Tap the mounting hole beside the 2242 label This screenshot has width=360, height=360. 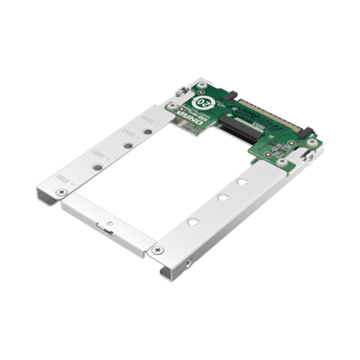pyautogui.click(x=128, y=146)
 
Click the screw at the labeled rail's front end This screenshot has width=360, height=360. pyautogui.click(x=60, y=192)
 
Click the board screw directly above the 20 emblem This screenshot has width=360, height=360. pyautogui.click(x=203, y=85)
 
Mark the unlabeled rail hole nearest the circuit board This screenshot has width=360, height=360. pyautogui.click(x=243, y=181)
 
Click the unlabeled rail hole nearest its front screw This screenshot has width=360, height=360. pyautogui.click(x=193, y=221)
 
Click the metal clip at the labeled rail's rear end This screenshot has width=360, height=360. pyautogui.click(x=180, y=92)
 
